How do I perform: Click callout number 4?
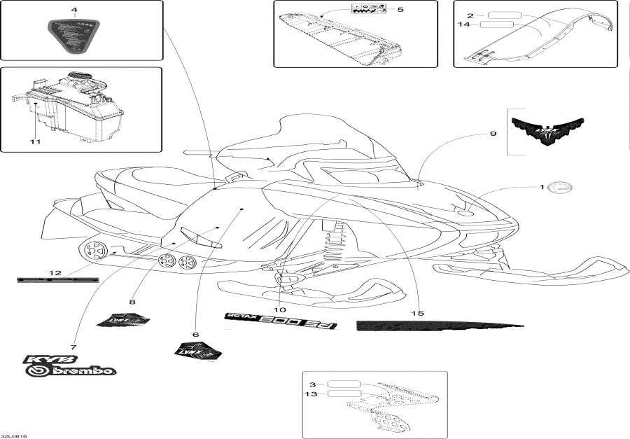point(73,10)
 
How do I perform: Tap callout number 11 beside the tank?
point(35,142)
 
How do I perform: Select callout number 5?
point(400,10)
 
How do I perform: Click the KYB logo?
point(42,359)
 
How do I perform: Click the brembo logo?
point(71,370)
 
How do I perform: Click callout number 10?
point(279,309)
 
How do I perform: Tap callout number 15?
point(418,314)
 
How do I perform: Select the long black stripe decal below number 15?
point(439,325)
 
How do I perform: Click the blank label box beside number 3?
point(344,384)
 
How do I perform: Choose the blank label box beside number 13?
point(344,394)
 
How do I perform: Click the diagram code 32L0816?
point(14,435)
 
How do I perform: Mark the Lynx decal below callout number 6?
point(198,349)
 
